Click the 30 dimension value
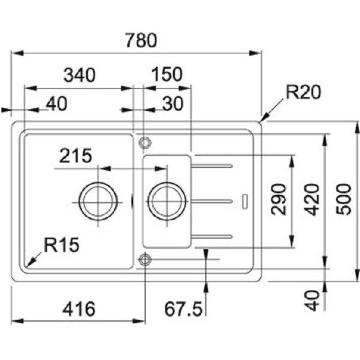[x=172, y=104]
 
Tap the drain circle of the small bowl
[x=164, y=199]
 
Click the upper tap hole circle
[x=144, y=142]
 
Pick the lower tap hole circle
[x=144, y=259]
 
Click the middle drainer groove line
[x=211, y=199]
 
